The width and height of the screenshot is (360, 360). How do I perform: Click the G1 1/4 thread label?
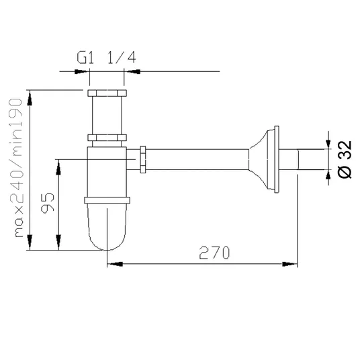106,57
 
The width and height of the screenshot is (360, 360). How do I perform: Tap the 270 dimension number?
214,253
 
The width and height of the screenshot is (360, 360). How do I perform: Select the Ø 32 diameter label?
345,159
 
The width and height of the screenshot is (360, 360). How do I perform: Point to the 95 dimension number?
48,202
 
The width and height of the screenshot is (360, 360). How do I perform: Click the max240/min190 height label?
16,168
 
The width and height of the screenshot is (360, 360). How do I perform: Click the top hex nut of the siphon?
107,93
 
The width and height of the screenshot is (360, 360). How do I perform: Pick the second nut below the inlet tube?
107,138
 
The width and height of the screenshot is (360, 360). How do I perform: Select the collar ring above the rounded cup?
107,200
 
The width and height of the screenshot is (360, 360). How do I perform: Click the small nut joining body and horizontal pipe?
143,159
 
